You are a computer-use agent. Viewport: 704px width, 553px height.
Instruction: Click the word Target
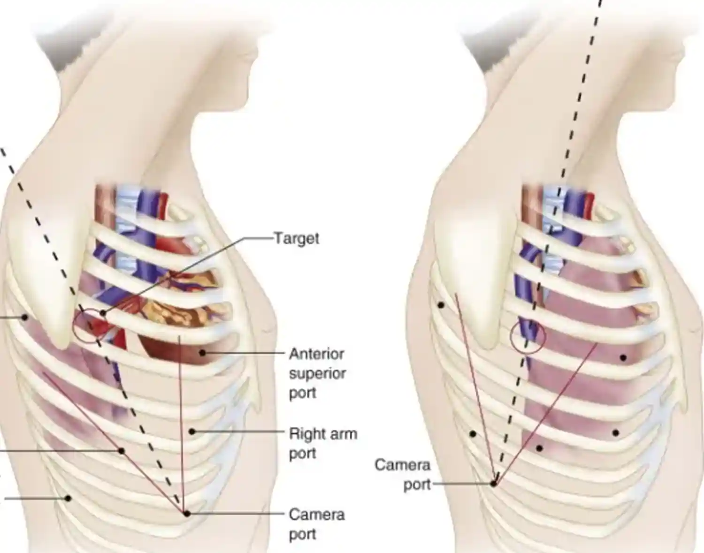(x=296, y=238)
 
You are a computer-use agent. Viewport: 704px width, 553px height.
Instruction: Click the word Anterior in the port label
(x=317, y=354)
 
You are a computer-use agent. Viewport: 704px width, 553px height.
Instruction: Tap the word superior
(x=317, y=373)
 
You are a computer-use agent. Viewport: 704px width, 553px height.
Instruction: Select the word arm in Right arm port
(x=344, y=434)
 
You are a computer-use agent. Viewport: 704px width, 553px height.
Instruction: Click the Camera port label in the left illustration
(x=317, y=524)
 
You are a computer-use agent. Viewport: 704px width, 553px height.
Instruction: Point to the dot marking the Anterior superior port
(x=202, y=352)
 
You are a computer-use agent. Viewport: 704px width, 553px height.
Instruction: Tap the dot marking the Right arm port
(x=192, y=431)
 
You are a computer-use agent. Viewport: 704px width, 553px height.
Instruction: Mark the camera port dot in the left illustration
(x=187, y=514)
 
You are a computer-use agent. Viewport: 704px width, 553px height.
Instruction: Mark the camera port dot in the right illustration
(x=494, y=483)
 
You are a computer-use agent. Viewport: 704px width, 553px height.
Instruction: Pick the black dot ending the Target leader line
(x=103, y=313)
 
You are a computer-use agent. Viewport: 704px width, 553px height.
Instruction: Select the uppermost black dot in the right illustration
(x=441, y=305)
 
